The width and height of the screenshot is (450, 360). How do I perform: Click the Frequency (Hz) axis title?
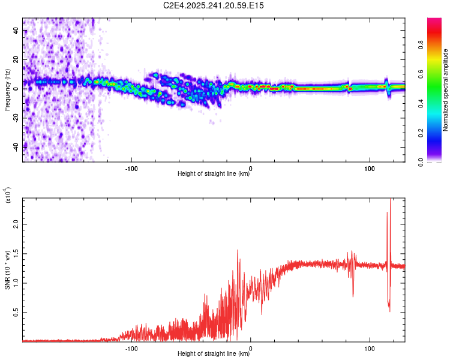click(7, 89)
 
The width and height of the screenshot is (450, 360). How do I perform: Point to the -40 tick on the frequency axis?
click(17, 146)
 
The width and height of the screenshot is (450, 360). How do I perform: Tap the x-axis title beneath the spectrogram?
click(214, 174)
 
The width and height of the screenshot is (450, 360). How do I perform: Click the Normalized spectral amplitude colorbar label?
click(446, 90)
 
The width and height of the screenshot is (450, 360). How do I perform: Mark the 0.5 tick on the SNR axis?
click(17, 313)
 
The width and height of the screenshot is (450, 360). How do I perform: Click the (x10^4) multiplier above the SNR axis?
click(8, 196)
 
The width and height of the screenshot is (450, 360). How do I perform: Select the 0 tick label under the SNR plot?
click(250, 347)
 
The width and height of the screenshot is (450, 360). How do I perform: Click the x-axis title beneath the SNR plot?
click(214, 354)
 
